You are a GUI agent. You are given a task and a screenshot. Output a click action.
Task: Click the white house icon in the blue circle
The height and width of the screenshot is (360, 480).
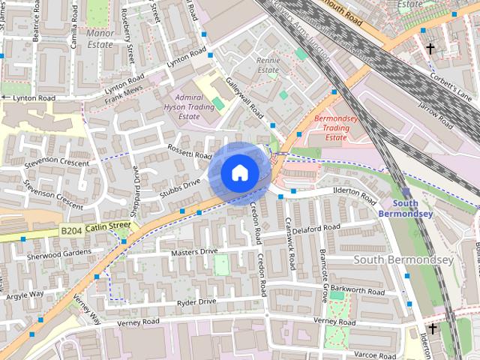click(238, 173)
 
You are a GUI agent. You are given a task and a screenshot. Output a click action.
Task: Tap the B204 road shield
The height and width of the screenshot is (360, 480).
click(70, 233)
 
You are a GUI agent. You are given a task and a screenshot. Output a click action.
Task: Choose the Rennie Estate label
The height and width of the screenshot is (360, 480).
click(268, 65)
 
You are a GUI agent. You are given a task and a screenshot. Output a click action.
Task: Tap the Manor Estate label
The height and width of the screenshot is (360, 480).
click(100, 39)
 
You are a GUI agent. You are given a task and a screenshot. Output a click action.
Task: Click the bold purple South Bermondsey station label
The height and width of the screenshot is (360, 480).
click(415, 209)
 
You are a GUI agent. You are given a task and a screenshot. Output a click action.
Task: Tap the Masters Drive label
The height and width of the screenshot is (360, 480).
click(193, 252)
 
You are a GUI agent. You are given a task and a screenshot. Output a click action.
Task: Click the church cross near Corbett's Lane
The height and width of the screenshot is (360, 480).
click(430, 49)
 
